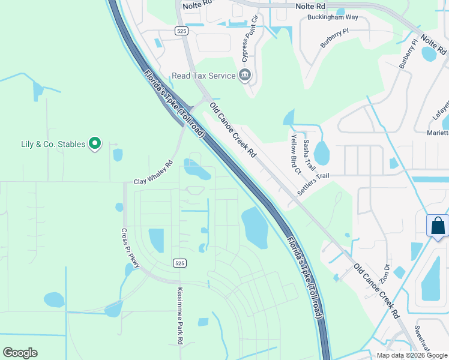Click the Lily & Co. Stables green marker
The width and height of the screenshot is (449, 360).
[94, 143]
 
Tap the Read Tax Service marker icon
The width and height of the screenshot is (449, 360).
[245, 76]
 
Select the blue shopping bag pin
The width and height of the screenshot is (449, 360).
[438, 226]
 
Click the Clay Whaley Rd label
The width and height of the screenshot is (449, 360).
[153, 172]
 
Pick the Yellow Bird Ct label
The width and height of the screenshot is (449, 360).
[295, 153]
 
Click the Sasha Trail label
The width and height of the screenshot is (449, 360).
[308, 154]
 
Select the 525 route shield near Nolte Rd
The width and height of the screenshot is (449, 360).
[181, 30]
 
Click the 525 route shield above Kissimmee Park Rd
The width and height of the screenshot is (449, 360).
[179, 263]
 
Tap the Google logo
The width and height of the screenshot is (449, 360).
[20, 353]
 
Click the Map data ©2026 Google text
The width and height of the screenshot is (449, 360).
[411, 355]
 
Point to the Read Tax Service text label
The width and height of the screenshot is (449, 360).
[203, 76]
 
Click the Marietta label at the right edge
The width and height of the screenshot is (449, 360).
[438, 133]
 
